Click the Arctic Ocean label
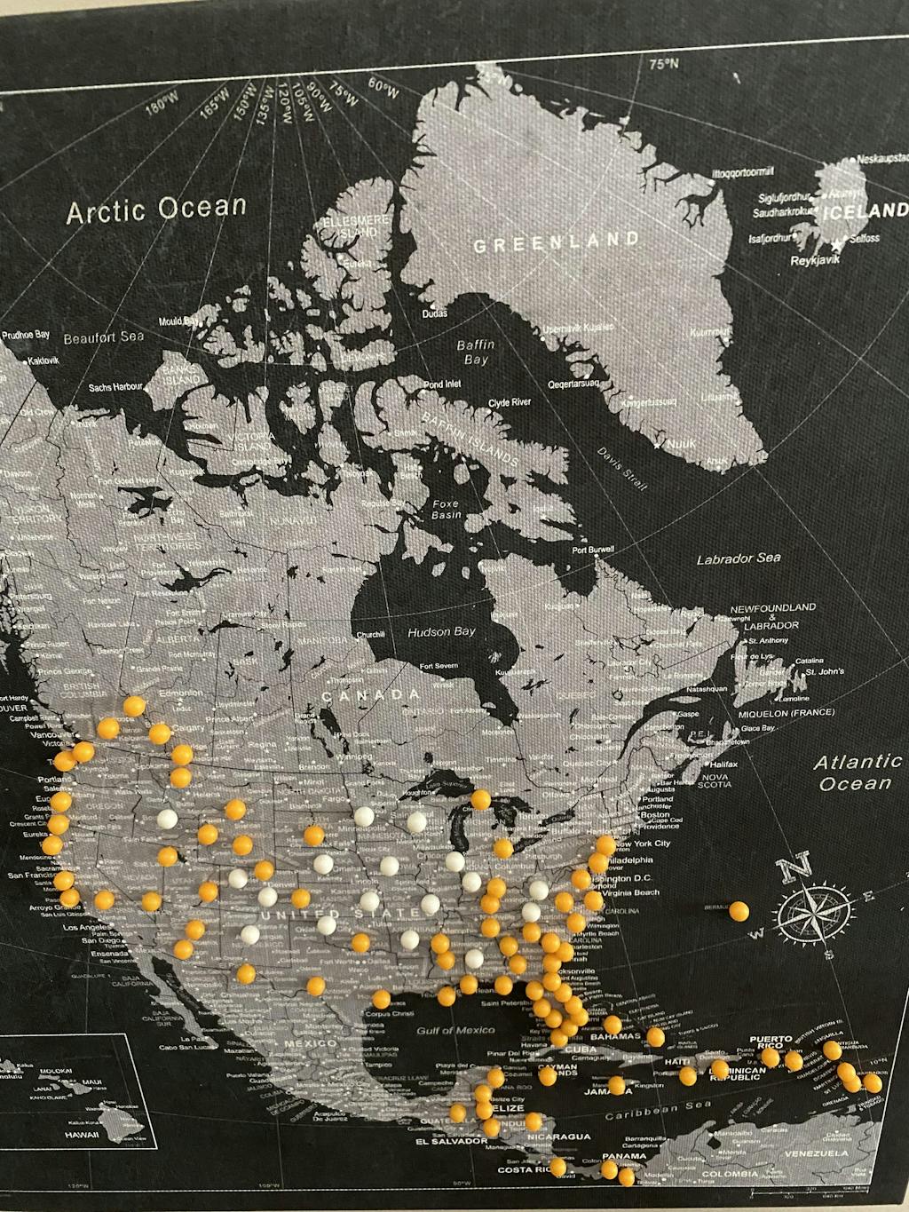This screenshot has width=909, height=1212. point(156,210)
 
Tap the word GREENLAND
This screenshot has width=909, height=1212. point(556,242)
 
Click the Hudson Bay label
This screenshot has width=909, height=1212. point(441,632)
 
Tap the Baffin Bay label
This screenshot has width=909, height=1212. point(476,352)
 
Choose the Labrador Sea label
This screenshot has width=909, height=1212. point(738,558)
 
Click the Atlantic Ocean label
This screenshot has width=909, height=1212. point(857,772)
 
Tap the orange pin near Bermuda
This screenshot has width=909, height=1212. point(739,910)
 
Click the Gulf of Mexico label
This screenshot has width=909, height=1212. point(455,1030)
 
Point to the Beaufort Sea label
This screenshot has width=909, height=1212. point(103,337)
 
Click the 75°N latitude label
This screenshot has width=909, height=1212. point(663,64)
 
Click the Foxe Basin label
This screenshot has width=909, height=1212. point(446,510)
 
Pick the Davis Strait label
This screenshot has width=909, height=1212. point(622,463)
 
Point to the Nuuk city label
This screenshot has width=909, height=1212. point(682,443)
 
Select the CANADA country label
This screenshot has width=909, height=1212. point(370,694)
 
